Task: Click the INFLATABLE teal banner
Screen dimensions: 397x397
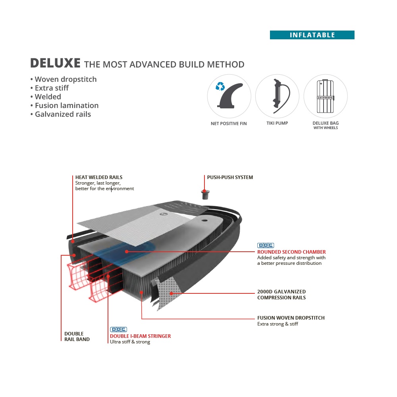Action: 312,35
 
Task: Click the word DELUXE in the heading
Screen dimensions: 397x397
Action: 56,64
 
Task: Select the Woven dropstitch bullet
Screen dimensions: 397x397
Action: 64,79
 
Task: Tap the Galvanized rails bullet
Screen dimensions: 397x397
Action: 61,114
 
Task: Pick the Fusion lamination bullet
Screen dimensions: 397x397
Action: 65,106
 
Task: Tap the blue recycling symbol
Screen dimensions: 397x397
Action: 220,86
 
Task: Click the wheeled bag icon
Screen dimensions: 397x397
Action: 326,96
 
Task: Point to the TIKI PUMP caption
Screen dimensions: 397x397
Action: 277,123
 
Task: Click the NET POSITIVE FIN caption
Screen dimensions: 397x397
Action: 229,123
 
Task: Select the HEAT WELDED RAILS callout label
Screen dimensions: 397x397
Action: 99,177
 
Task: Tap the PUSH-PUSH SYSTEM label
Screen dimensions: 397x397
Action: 230,177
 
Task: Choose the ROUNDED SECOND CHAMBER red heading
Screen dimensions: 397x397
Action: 291,252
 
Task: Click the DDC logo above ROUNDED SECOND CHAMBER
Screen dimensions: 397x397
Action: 266,246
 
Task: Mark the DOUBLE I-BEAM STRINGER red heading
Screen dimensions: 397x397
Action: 140,336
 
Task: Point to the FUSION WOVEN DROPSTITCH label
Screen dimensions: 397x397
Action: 291,318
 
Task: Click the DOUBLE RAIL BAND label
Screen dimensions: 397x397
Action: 77,336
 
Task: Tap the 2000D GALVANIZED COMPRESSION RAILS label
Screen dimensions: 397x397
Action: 281,295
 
